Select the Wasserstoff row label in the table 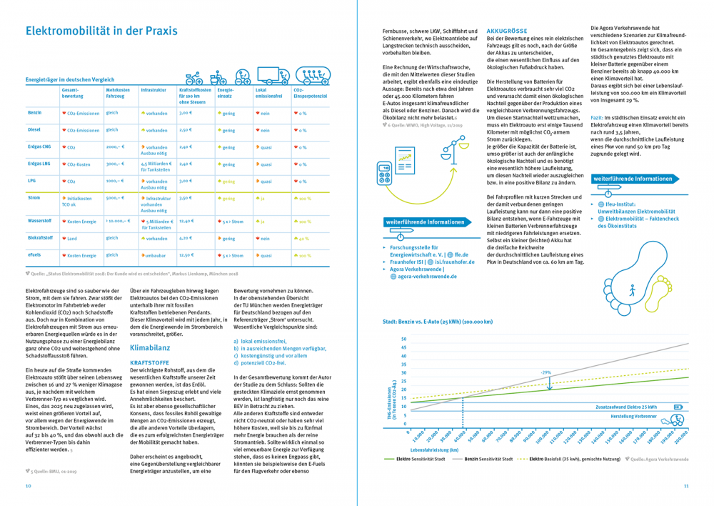pos(40,221)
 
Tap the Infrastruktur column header pos(154,91)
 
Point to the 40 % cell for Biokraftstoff pos(303,239)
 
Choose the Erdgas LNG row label pos(39,164)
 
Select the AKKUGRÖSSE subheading pos(506,31)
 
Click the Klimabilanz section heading pos(150,347)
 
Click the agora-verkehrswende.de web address pos(428,276)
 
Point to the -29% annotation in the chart pos(545,372)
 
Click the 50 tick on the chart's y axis pos(404,339)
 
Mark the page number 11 pos(685,485)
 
